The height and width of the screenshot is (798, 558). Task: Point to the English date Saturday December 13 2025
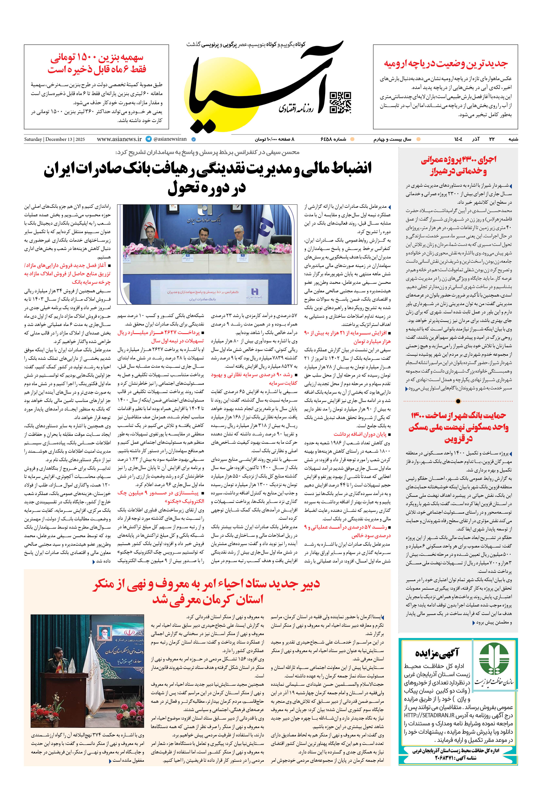pos(54,139)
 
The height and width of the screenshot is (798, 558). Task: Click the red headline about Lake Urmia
pos(445,64)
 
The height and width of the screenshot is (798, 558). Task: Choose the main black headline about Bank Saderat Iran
pos(207,178)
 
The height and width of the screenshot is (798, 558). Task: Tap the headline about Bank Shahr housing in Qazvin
pos(458,427)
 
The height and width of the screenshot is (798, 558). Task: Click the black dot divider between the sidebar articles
pos(458,401)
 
